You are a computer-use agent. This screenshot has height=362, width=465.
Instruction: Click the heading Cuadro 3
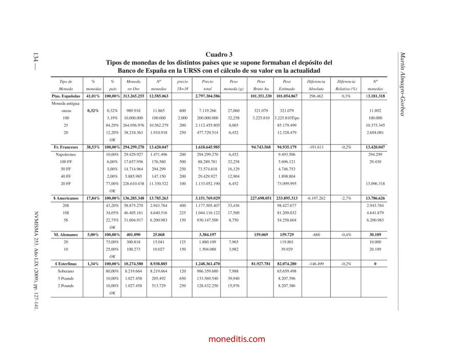(x=219, y=54)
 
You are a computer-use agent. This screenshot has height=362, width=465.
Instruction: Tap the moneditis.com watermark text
(x=237, y=339)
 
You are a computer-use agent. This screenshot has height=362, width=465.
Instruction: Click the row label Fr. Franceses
(x=66, y=147)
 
